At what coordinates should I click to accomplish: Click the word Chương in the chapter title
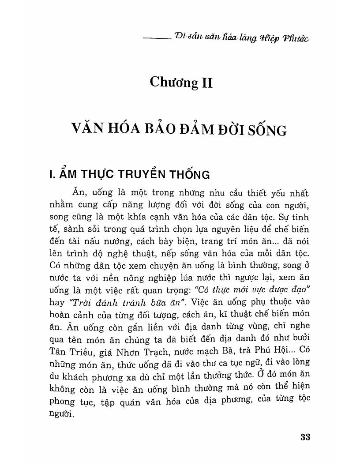point(173,83)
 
